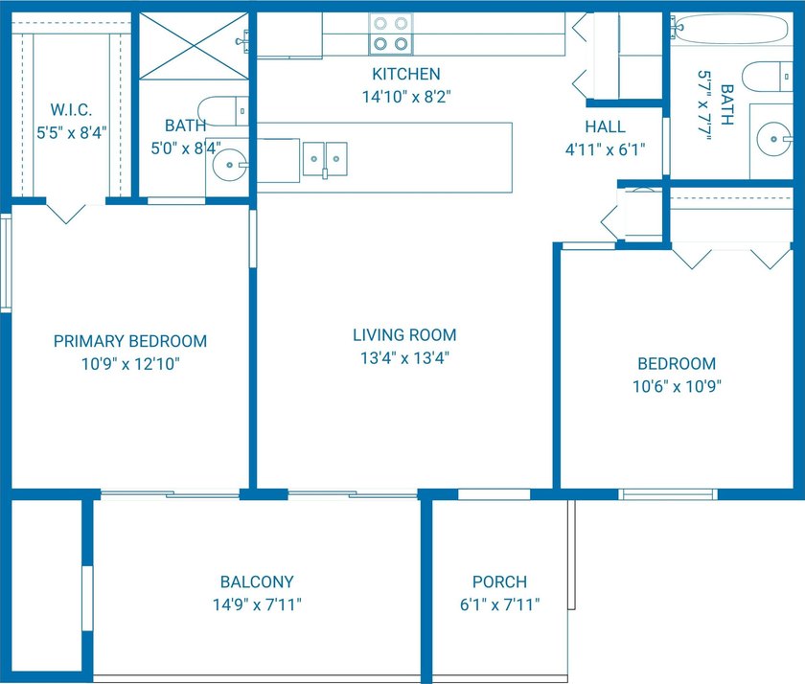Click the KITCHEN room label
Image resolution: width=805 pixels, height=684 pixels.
(x=406, y=74)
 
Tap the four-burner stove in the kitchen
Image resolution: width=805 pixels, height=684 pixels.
(x=391, y=34)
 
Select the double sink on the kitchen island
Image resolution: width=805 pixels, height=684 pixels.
(x=325, y=160)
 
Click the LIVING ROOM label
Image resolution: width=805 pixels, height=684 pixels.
(x=404, y=335)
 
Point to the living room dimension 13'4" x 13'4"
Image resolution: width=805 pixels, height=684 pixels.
(x=404, y=357)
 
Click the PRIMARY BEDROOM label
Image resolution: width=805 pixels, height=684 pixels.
(x=130, y=341)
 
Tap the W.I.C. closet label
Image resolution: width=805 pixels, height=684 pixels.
(x=71, y=110)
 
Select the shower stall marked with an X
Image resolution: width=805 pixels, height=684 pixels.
(x=194, y=46)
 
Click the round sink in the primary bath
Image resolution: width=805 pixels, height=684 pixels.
(x=230, y=165)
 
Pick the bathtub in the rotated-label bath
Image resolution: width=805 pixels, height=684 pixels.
(x=730, y=28)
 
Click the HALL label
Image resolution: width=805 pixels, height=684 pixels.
(x=606, y=126)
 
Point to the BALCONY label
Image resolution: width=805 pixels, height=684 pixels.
(x=257, y=581)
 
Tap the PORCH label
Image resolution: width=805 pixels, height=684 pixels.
(x=499, y=581)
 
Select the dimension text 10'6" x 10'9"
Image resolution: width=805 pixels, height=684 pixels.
(x=677, y=386)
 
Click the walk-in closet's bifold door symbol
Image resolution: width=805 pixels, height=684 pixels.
(x=66, y=214)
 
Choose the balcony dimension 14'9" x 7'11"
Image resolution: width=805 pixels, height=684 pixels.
(x=257, y=604)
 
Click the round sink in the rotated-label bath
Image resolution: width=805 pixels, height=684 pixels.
(x=774, y=139)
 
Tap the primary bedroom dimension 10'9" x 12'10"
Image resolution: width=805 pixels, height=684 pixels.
(x=130, y=364)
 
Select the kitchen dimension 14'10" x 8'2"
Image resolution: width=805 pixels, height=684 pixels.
(x=406, y=97)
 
